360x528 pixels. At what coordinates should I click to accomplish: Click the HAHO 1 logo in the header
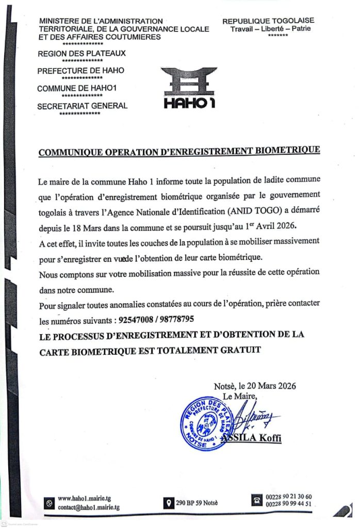pos(189,88)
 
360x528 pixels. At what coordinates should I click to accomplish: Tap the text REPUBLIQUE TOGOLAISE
pos(268,21)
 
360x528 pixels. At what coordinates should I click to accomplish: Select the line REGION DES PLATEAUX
pos(81,53)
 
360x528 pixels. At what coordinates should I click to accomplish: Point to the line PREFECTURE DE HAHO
pos(81,71)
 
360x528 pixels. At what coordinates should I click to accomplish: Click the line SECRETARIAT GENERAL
pos(83,106)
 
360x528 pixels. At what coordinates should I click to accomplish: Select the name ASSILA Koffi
pos(251,438)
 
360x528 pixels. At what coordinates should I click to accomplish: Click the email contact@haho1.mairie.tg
pos(89,507)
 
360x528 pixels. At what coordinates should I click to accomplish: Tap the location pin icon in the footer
pos(168,503)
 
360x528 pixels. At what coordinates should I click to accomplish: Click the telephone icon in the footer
pos(256,500)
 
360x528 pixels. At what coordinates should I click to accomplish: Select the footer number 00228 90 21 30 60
pos(289,497)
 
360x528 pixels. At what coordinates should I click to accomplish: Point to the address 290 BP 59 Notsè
pos(198,503)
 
